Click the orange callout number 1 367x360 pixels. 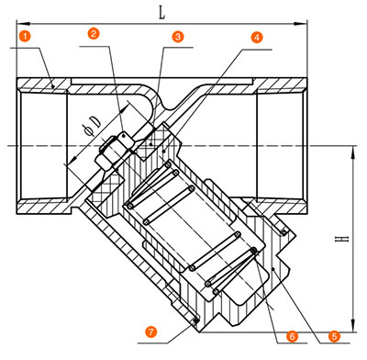click(25, 36)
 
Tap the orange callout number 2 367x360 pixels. click(94, 33)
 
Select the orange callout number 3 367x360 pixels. click(178, 37)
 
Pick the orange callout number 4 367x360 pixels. click(257, 37)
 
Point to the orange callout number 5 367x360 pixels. click(334, 336)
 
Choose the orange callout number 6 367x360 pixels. click(293, 336)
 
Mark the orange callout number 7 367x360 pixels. click(151, 332)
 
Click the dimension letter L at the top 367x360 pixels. click(162, 13)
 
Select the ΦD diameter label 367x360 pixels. click(93, 127)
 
